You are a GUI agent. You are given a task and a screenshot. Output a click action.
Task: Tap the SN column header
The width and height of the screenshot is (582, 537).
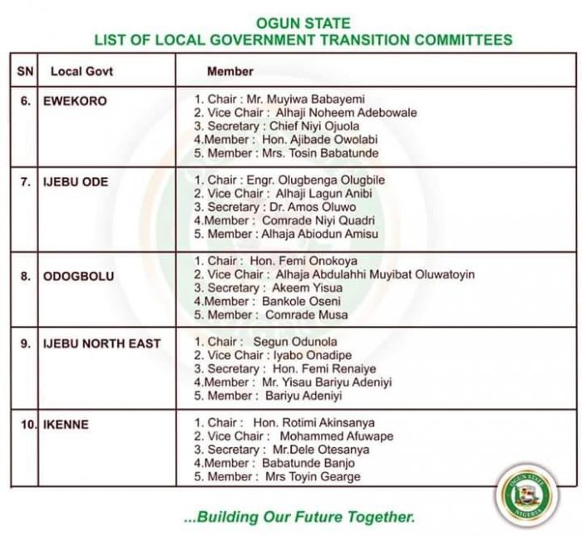click(25, 71)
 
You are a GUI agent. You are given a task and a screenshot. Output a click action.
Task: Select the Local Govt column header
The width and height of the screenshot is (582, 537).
click(81, 71)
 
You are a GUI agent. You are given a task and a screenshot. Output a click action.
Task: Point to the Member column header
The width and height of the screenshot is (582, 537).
click(230, 71)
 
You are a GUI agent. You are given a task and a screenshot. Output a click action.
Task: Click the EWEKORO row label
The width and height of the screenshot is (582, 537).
click(75, 101)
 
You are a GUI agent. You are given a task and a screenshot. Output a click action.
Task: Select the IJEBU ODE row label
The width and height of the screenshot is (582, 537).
click(76, 181)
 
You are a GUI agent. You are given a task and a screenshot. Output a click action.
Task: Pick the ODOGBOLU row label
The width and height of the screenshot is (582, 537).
click(78, 275)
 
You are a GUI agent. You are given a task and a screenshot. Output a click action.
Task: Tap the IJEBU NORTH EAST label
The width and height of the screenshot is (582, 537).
click(102, 343)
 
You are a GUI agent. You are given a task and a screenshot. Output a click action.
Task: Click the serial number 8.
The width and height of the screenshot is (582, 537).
click(25, 275)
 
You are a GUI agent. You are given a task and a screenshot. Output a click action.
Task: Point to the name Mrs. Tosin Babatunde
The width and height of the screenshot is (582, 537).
click(320, 153)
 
